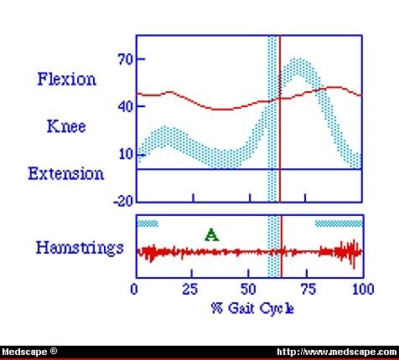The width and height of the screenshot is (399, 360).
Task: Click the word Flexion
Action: click(x=66, y=80)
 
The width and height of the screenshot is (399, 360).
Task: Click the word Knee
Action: click(x=66, y=127)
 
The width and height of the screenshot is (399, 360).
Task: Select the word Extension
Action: click(x=66, y=174)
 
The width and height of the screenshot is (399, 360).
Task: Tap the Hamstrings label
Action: click(x=80, y=248)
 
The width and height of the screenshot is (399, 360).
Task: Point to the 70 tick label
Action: click(x=126, y=59)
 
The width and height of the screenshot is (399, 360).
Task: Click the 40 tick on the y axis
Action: click(x=126, y=107)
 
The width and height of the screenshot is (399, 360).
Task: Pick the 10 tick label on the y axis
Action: click(x=126, y=153)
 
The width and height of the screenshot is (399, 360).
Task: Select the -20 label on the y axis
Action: click(x=123, y=201)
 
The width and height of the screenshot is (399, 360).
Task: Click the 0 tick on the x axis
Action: click(x=136, y=291)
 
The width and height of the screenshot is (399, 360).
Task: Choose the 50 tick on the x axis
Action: click(x=249, y=291)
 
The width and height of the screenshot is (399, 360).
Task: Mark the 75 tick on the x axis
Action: click(x=306, y=291)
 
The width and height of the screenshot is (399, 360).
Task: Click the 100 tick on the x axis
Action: click(x=362, y=291)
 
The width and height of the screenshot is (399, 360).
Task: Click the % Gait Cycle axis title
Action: click(x=252, y=308)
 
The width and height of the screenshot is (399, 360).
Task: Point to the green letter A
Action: click(x=211, y=235)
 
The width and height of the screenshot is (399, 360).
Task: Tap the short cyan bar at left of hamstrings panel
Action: click(x=148, y=224)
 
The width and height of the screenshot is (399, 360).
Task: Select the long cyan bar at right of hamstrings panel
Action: click(x=339, y=224)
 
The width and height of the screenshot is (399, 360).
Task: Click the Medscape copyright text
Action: click(x=30, y=352)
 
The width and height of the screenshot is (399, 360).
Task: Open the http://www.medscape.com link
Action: click(x=335, y=352)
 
